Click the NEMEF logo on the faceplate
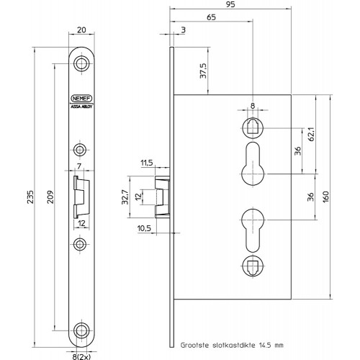[81, 99]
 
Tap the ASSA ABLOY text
[81, 107]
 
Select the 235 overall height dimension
[30, 197]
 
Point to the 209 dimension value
[50, 197]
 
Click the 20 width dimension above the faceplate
[81, 30]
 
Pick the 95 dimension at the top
[230, 4]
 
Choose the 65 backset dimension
[211, 17]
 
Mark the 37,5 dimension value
[203, 71]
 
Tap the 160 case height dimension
[325, 197]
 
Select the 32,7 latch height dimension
[125, 197]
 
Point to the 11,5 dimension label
[147, 163]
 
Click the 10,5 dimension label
[144, 228]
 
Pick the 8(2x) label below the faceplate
[81, 356]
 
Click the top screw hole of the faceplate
[81, 63]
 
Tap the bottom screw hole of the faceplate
[81, 330]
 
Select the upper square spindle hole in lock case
[253, 128]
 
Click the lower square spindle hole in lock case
[253, 266]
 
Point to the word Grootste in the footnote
[194, 346]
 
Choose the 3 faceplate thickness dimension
[184, 30]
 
